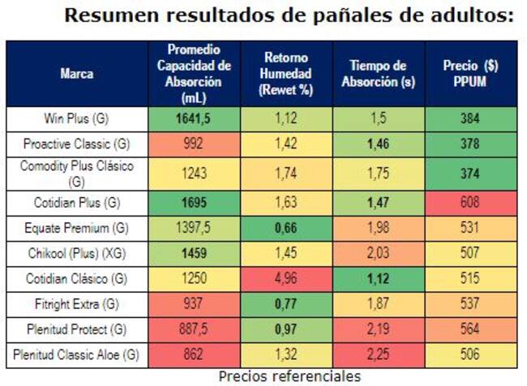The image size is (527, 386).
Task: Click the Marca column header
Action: tap(76, 74)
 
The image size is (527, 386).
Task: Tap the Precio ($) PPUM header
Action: tap(470, 74)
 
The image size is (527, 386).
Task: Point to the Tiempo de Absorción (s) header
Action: tap(378, 74)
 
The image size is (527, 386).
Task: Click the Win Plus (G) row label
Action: tap(76, 119)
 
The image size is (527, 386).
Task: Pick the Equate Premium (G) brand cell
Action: tap(76, 226)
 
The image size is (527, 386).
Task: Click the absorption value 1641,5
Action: tap(194, 119)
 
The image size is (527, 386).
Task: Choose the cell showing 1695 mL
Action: tap(194, 201)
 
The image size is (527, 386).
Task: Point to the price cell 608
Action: tap(470, 201)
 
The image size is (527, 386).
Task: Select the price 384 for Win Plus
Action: tap(470, 119)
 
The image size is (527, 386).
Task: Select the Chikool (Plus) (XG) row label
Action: tap(76, 251)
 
